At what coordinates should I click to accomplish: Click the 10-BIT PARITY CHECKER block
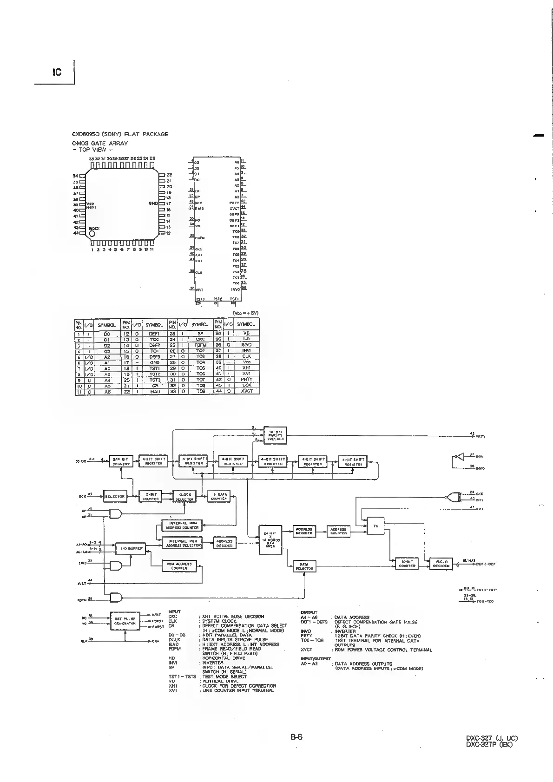[x=275, y=434]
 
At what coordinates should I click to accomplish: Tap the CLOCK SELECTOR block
[x=185, y=496]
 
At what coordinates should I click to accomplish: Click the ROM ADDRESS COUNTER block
[x=179, y=566]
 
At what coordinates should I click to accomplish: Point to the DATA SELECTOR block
[x=304, y=566]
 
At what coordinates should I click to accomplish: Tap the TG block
[x=376, y=526]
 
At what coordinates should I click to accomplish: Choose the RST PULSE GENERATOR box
[x=125, y=621]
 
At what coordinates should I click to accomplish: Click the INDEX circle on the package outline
[x=92, y=233]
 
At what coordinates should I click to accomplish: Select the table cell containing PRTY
[x=246, y=379]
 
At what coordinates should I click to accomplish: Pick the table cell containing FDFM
[x=201, y=345]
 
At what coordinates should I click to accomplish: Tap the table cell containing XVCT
[x=246, y=391]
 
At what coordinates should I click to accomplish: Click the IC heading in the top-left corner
[x=56, y=72]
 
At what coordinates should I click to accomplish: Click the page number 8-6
[x=297, y=737]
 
